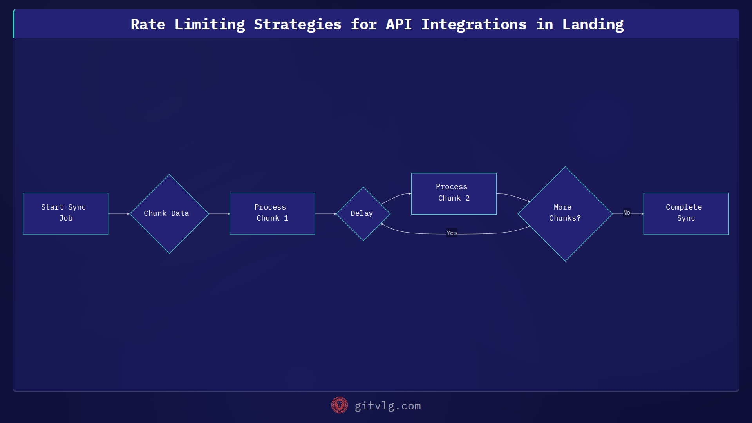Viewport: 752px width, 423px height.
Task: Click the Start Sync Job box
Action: (x=66, y=213)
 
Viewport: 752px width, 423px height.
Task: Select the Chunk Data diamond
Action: (x=169, y=213)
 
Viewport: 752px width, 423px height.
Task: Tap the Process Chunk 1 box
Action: (x=272, y=213)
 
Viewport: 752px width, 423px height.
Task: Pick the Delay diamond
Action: (x=363, y=213)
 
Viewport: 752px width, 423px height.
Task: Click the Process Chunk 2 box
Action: (x=454, y=193)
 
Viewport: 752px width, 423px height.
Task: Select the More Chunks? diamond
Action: (x=565, y=213)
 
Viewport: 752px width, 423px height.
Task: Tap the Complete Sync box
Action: (x=686, y=213)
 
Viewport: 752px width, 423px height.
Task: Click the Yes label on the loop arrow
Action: (x=452, y=233)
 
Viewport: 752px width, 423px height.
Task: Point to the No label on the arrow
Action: (x=627, y=213)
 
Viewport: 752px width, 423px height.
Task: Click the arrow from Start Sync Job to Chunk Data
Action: (x=119, y=214)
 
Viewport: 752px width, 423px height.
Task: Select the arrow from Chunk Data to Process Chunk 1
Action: (x=219, y=214)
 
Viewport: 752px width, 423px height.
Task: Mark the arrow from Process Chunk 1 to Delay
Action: (x=325, y=214)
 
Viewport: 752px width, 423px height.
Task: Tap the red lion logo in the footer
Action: (x=339, y=405)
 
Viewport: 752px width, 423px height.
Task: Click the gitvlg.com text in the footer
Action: (x=387, y=406)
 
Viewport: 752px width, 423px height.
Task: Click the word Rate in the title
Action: (x=148, y=24)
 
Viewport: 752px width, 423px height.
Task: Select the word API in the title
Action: (x=398, y=24)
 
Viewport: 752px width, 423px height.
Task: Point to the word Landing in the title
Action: (x=593, y=24)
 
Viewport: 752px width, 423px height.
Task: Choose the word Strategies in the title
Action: (x=297, y=24)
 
